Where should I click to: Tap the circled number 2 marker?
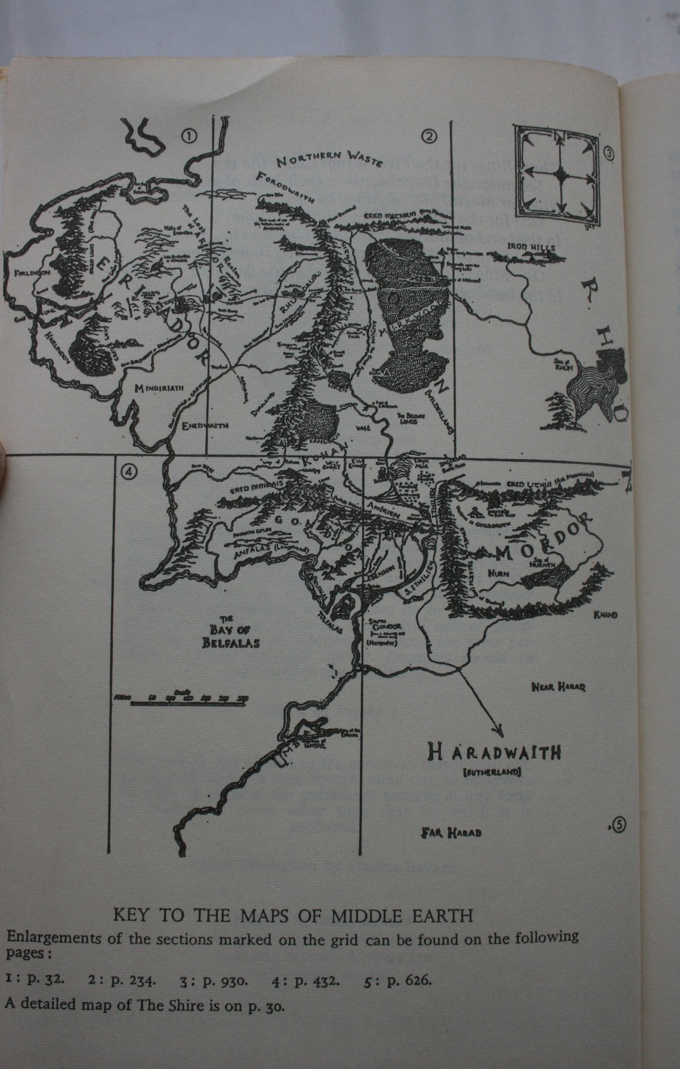428,136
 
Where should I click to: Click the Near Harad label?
558,687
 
